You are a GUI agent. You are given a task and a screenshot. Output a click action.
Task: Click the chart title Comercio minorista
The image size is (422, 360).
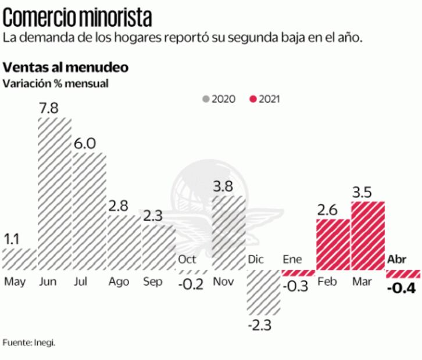click(x=79, y=17)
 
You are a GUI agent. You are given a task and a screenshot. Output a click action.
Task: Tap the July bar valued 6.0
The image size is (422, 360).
click(x=90, y=211)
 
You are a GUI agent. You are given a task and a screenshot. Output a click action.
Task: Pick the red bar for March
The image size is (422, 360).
click(x=368, y=236)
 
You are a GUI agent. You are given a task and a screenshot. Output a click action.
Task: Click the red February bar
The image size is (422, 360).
click(x=333, y=244)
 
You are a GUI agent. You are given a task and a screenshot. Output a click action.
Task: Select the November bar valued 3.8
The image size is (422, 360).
click(x=228, y=232)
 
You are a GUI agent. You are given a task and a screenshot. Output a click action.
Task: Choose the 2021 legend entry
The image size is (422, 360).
click(x=264, y=99)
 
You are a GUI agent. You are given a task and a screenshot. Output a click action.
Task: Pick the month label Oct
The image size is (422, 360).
click(x=187, y=260)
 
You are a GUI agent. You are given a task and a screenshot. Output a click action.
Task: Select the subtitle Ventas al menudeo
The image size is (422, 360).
click(x=66, y=67)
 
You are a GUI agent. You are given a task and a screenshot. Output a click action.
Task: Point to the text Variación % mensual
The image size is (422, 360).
click(x=55, y=83)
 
